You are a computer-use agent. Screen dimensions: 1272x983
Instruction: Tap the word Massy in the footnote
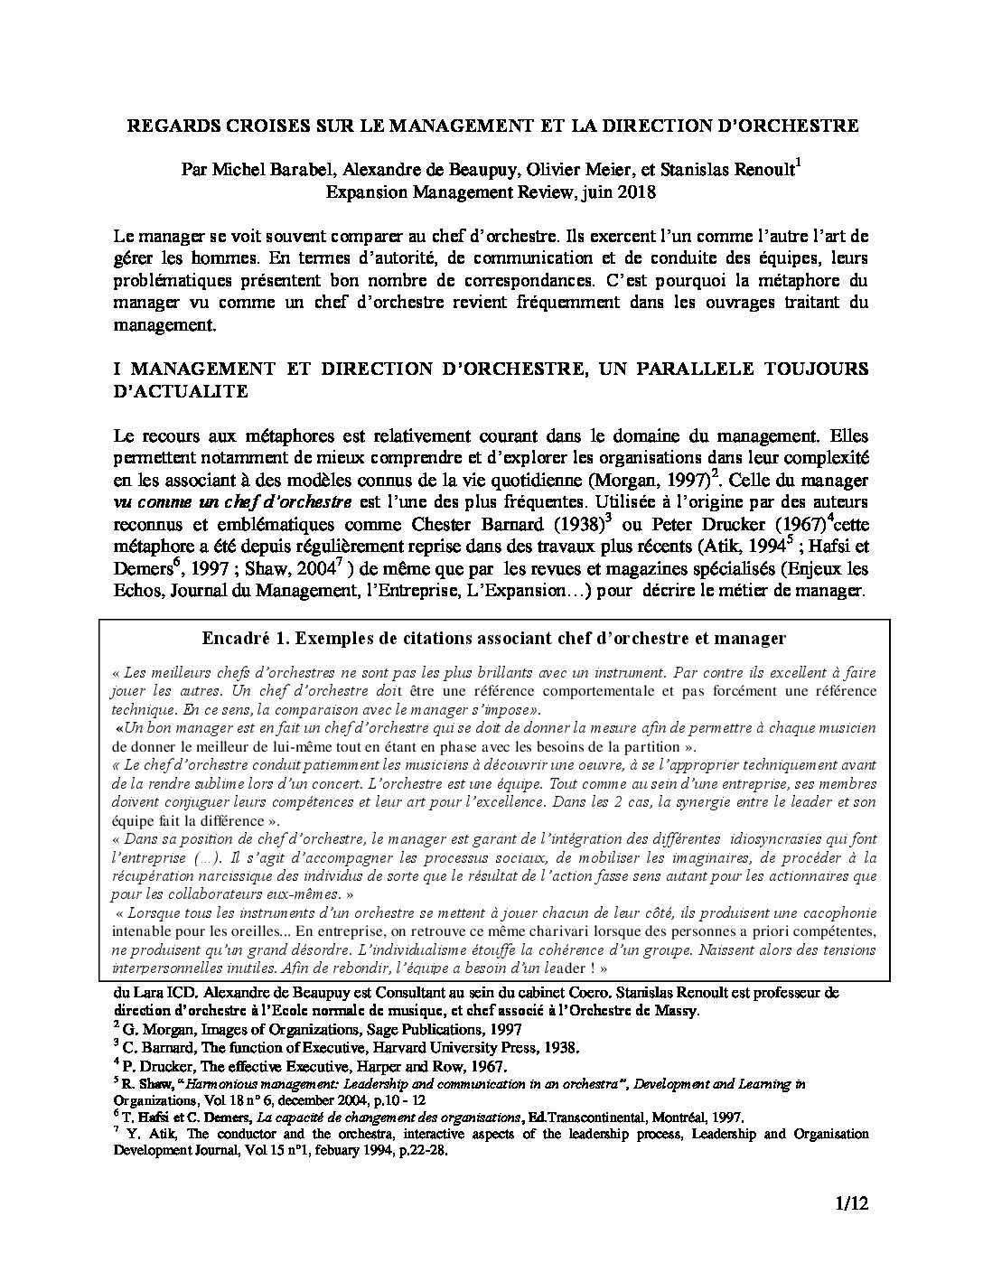[x=676, y=1010]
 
